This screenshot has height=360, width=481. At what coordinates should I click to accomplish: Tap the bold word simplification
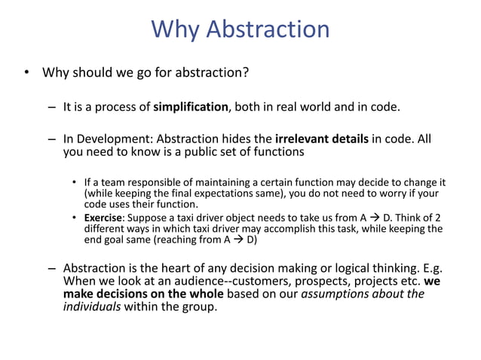coord(191,107)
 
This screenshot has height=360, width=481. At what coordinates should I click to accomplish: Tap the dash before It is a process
coord(51,107)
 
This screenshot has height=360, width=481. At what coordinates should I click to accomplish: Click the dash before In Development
coord(51,139)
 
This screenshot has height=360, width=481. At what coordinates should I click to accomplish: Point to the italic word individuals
coord(91,307)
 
